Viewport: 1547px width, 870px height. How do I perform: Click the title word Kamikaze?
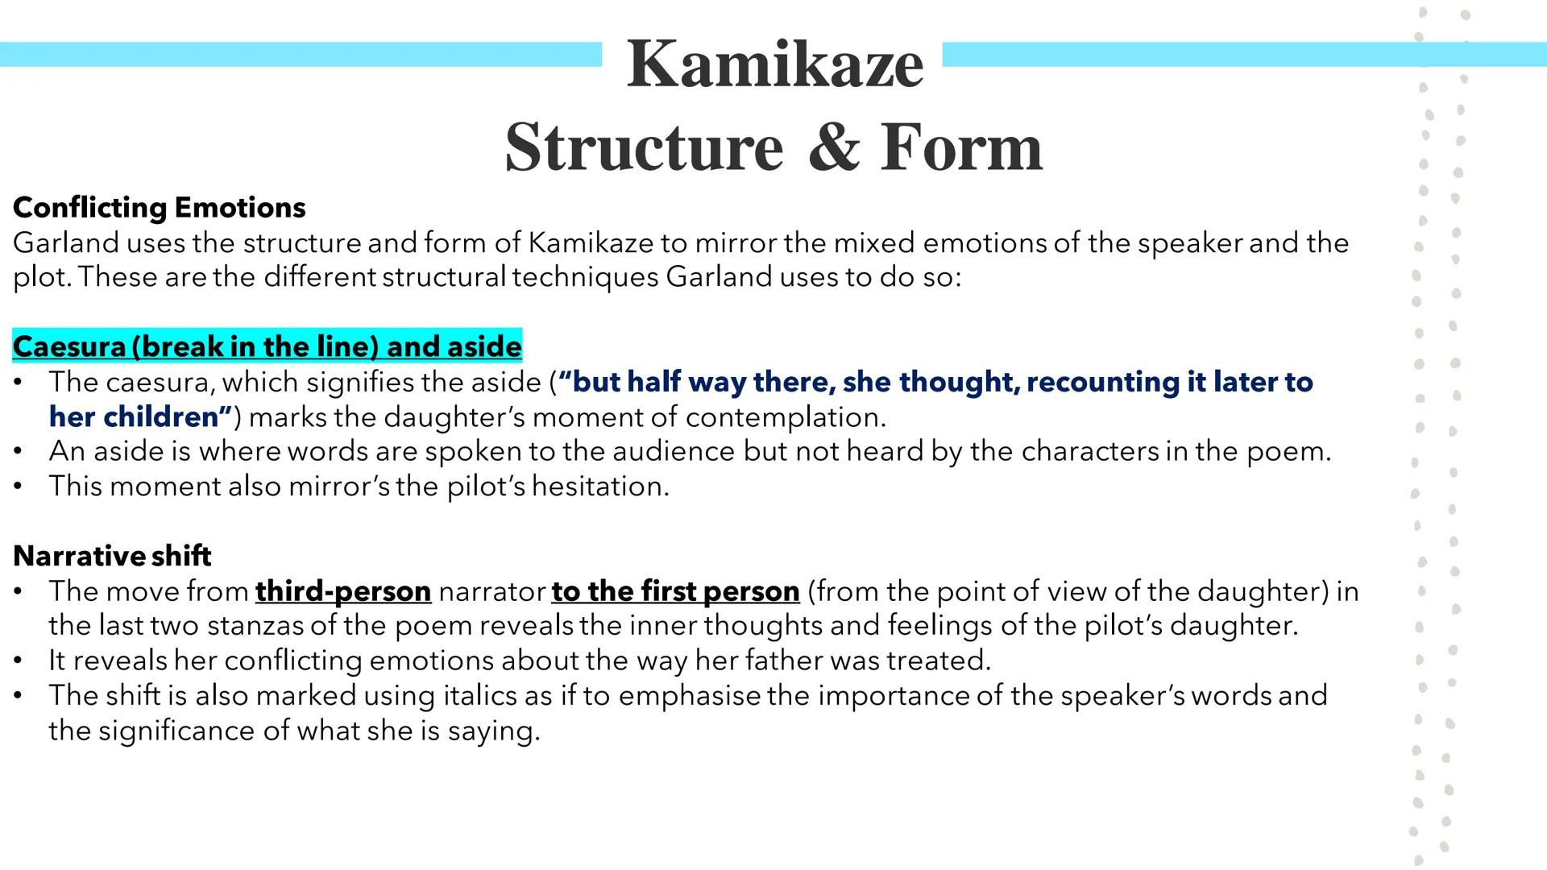(774, 64)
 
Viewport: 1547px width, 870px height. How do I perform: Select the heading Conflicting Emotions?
(160, 208)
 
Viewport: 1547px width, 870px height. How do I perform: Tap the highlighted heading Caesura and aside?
(268, 346)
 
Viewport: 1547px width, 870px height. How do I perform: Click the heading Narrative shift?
(112, 556)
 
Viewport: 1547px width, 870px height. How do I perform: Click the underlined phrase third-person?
(343, 591)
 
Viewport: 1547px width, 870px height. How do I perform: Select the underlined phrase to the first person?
(675, 591)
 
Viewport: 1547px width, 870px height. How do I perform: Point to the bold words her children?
(139, 416)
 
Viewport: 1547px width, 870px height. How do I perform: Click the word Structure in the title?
(644, 147)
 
